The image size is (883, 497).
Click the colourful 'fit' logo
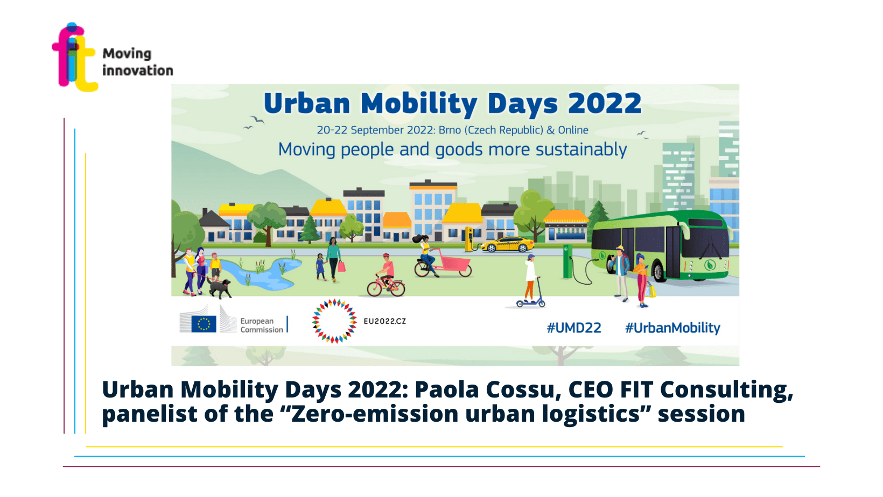click(x=74, y=57)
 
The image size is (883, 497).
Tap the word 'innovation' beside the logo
click(x=138, y=70)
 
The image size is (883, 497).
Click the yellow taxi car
click(x=507, y=244)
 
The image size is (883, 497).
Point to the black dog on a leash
click(x=220, y=288)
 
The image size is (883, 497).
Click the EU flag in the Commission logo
click(x=204, y=324)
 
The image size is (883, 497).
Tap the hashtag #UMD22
click(x=573, y=328)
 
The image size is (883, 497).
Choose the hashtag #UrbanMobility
click(x=672, y=328)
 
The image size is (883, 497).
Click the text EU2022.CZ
click(x=384, y=321)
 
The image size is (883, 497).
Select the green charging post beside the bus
click(x=567, y=261)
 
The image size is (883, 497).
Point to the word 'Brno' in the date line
click(x=450, y=130)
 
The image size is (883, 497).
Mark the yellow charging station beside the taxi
click(x=469, y=239)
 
